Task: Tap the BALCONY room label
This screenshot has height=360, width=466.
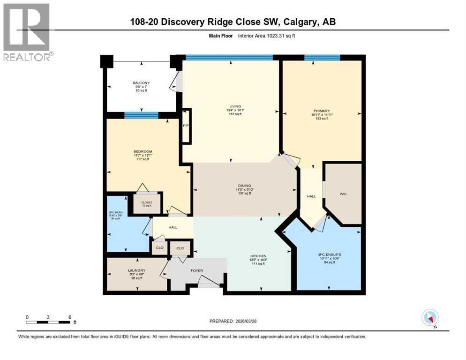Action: [x=141, y=83]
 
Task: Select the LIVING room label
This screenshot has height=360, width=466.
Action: [x=231, y=106]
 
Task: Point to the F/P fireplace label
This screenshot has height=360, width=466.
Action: [x=186, y=126]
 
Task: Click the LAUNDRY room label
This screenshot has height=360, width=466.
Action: [x=136, y=270]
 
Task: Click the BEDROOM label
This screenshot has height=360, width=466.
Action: [x=143, y=151]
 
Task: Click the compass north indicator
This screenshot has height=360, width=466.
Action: [x=429, y=318]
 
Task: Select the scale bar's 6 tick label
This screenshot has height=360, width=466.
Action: [x=70, y=317]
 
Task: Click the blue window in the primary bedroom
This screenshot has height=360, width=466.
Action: [x=322, y=58]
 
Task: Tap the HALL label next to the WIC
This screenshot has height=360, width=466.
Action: [x=311, y=196]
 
